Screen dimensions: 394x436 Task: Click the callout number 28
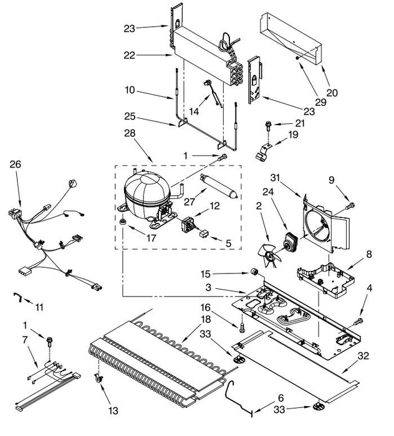pyautogui.click(x=130, y=133)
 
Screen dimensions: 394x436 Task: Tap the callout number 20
pyautogui.click(x=332, y=93)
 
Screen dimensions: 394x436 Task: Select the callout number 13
pyautogui.click(x=113, y=410)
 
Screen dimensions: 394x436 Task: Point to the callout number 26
pyautogui.click(x=16, y=164)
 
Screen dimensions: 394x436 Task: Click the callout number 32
pyautogui.click(x=363, y=356)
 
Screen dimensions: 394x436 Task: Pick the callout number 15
pyautogui.click(x=205, y=274)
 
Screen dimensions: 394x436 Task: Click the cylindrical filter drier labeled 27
pyautogui.click(x=219, y=186)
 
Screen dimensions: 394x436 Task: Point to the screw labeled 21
pyautogui.click(x=269, y=126)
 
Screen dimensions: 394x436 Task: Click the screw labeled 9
pyautogui.click(x=350, y=206)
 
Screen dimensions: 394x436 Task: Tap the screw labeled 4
pyautogui.click(x=358, y=321)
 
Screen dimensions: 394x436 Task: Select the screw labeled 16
pyautogui.click(x=241, y=327)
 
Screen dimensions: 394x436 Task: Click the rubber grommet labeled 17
pyautogui.click(x=122, y=222)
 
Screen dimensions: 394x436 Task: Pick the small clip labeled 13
pyautogui.click(x=98, y=378)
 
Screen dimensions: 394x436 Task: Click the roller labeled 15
pyautogui.click(x=254, y=272)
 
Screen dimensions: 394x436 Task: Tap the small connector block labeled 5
pyautogui.click(x=204, y=234)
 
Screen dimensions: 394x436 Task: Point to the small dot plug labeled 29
pyautogui.click(x=297, y=58)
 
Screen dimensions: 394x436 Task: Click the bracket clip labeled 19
pyautogui.click(x=263, y=152)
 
